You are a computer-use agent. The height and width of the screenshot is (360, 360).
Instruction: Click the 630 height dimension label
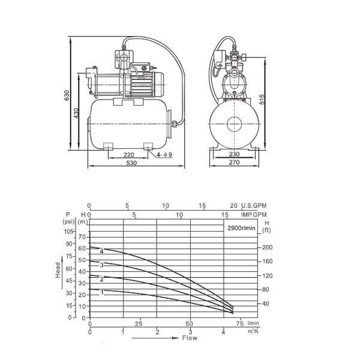[x=67, y=95]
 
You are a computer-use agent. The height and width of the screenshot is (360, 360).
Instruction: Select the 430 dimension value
[x=76, y=113]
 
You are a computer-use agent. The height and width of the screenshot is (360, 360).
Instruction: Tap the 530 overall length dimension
[x=131, y=163]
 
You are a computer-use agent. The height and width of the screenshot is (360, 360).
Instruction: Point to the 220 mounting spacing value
[x=128, y=155]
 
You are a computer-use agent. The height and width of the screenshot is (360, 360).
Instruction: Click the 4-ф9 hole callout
[x=164, y=155]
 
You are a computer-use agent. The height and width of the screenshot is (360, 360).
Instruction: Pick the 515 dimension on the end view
[x=262, y=99]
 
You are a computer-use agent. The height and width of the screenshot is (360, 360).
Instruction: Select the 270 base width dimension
[x=234, y=163]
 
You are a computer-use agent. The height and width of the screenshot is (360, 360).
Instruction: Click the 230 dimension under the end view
[x=234, y=154]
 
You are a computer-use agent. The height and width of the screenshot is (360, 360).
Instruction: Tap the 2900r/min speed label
[x=241, y=228]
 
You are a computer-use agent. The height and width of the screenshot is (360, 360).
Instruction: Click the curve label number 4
[x=102, y=251]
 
